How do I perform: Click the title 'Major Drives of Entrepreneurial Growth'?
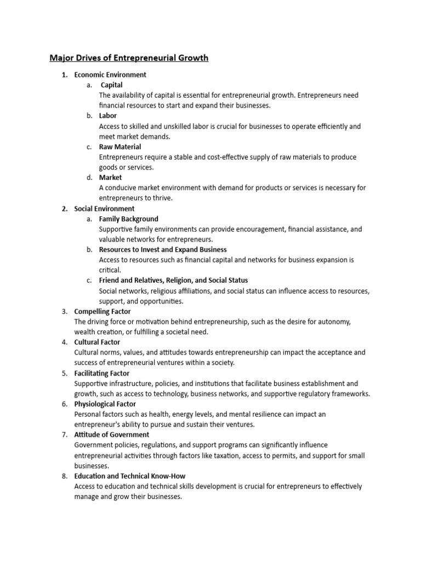(x=129, y=58)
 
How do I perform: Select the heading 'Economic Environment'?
(x=110, y=75)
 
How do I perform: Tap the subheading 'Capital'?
(x=111, y=85)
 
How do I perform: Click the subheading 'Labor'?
(x=107, y=116)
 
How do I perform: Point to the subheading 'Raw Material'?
(x=120, y=147)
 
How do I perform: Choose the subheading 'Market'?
(x=110, y=177)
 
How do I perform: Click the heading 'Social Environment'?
(x=104, y=209)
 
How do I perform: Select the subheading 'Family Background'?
(x=128, y=219)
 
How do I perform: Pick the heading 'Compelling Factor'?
(x=103, y=311)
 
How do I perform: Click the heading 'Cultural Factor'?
(x=98, y=342)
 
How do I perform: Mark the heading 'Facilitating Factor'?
(x=102, y=373)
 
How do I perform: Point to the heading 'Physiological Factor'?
(x=105, y=404)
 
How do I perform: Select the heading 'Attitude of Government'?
(x=111, y=435)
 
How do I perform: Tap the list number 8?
(x=64, y=476)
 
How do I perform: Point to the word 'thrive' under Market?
(x=160, y=198)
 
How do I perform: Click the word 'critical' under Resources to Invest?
(x=110, y=271)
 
